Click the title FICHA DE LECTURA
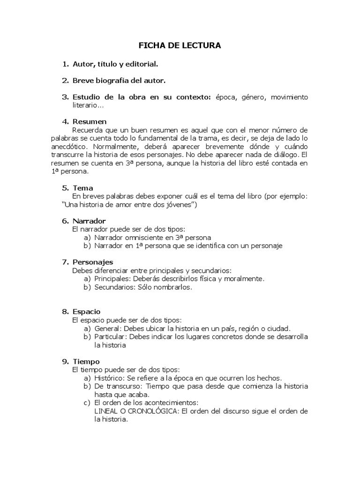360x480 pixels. click(x=180, y=45)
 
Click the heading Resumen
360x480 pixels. click(x=90, y=122)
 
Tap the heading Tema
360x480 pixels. click(x=83, y=188)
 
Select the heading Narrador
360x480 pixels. click(x=89, y=221)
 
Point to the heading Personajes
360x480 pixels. click(x=93, y=262)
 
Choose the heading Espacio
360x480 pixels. click(x=87, y=312)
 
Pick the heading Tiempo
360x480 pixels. click(x=86, y=361)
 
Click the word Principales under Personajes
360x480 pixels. click(x=112, y=279)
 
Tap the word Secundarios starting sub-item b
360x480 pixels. click(x=115, y=287)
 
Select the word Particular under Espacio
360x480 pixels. click(x=111, y=337)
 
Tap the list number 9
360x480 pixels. click(x=65, y=361)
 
